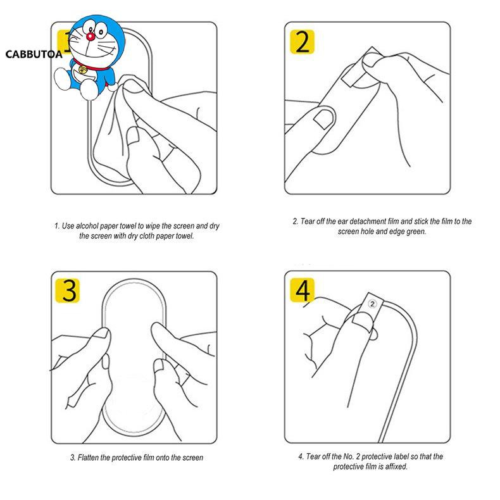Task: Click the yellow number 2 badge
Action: (302, 42)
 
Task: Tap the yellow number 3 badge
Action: (67, 291)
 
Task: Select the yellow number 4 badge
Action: (302, 290)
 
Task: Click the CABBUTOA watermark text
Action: (34, 54)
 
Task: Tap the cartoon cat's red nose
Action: (91, 37)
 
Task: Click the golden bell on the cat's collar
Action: (82, 70)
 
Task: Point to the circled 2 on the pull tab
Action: (372, 304)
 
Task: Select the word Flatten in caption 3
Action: (88, 458)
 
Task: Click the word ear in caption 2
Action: (342, 222)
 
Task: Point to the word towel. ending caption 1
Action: (185, 236)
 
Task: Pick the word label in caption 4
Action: (401, 456)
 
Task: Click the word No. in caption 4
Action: (349, 456)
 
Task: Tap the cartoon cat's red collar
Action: (92, 65)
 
